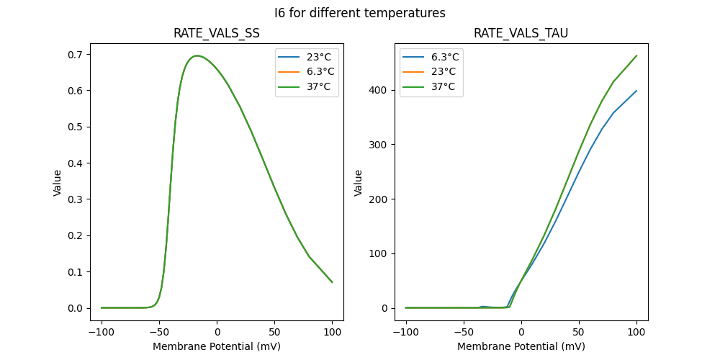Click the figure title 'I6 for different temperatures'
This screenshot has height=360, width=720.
pyautogui.click(x=360, y=13)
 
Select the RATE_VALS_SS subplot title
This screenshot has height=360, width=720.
pyautogui.click(x=217, y=34)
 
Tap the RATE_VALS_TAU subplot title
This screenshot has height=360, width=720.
pyautogui.click(x=521, y=34)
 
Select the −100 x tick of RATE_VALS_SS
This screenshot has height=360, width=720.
pyautogui.click(x=102, y=333)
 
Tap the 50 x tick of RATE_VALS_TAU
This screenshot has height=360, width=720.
pyautogui.click(x=579, y=333)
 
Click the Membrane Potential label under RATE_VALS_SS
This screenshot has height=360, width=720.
pyautogui.click(x=217, y=346)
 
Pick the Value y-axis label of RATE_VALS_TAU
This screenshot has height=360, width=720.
pyautogui.click(x=358, y=183)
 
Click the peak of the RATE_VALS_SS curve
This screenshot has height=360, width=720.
pyautogui.click(x=197, y=55)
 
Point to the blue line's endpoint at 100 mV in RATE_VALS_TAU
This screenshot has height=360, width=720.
pyautogui.click(x=636, y=91)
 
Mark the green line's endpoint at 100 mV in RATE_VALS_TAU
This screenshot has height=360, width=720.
pyautogui.click(x=636, y=55)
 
